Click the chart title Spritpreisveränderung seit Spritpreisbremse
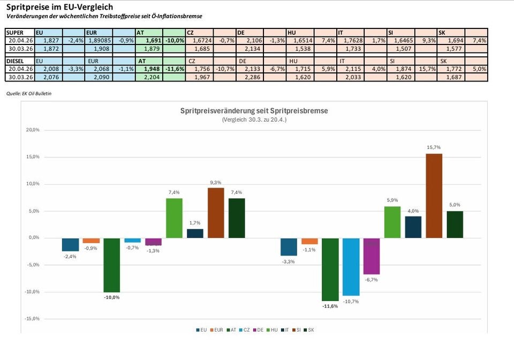[254, 111]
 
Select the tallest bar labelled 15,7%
[434, 196]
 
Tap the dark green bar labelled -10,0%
[112, 265]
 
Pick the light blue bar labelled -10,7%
[351, 267]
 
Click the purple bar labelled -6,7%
[372, 256]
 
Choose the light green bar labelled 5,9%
[392, 222]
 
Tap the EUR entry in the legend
[216, 329]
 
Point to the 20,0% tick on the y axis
[33, 130]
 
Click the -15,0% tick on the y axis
[33, 319]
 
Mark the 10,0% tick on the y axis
[33, 184]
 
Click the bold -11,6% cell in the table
[174, 69]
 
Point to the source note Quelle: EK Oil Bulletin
[29, 94]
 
